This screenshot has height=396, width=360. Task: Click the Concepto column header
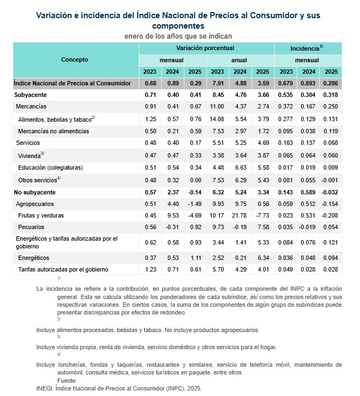[x=75, y=59]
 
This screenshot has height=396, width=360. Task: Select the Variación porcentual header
[x=205, y=48]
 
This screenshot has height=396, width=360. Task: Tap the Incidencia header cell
[x=307, y=48]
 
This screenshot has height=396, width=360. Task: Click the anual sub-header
[x=239, y=60]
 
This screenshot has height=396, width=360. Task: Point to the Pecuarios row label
[x=32, y=227]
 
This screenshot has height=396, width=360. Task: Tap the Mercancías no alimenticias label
[x=52, y=131]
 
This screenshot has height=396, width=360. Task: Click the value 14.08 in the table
[x=217, y=118]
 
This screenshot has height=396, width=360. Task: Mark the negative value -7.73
[x=261, y=215]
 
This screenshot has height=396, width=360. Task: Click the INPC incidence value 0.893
[x=308, y=83]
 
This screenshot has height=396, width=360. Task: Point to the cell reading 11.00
[x=217, y=106]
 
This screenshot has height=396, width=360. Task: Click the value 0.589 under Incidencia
[x=308, y=192]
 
